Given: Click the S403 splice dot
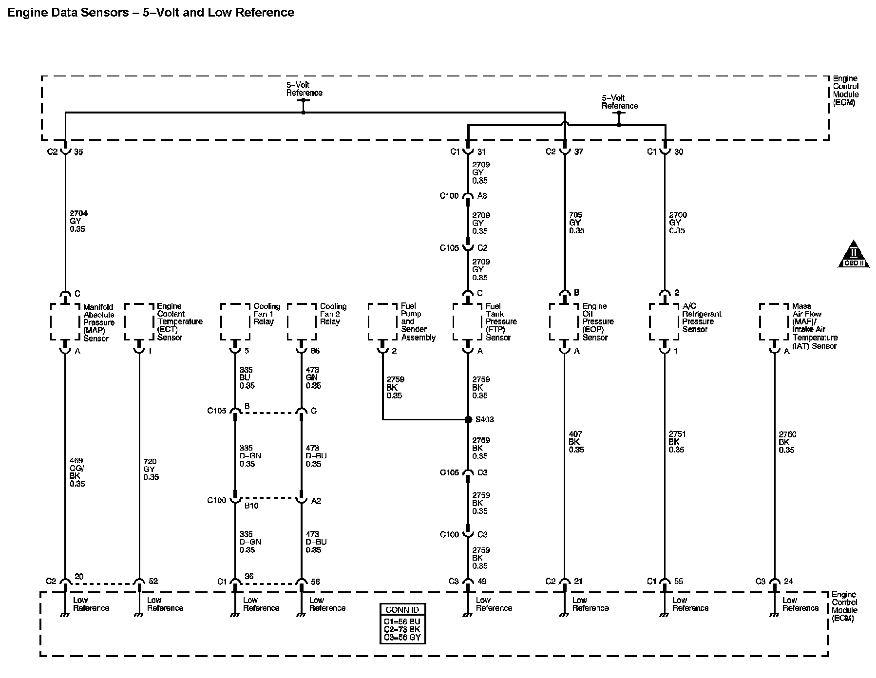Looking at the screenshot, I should [468, 419].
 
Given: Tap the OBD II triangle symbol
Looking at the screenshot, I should [854, 255].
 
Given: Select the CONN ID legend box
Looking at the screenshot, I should [402, 624].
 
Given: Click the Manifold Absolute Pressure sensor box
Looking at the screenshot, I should [65, 322].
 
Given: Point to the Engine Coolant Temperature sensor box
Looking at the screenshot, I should [139, 321].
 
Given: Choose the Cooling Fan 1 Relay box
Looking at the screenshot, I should [235, 321].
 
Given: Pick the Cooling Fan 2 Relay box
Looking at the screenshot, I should [302, 321].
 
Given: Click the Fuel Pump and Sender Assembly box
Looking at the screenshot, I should [382, 321].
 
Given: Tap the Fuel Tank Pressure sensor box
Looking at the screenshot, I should [468, 321].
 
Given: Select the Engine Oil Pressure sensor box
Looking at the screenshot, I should [564, 321].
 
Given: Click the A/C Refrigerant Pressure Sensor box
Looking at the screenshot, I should [664, 321].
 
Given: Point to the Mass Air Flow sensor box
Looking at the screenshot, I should [774, 321].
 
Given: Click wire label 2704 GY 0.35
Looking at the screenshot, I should [78, 221].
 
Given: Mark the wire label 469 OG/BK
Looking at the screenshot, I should [77, 472].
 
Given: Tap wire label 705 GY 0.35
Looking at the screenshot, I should [576, 223].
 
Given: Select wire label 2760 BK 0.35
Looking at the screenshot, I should [786, 442].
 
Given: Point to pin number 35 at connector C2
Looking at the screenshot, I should [78, 152].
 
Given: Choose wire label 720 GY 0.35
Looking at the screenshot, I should [151, 469].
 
